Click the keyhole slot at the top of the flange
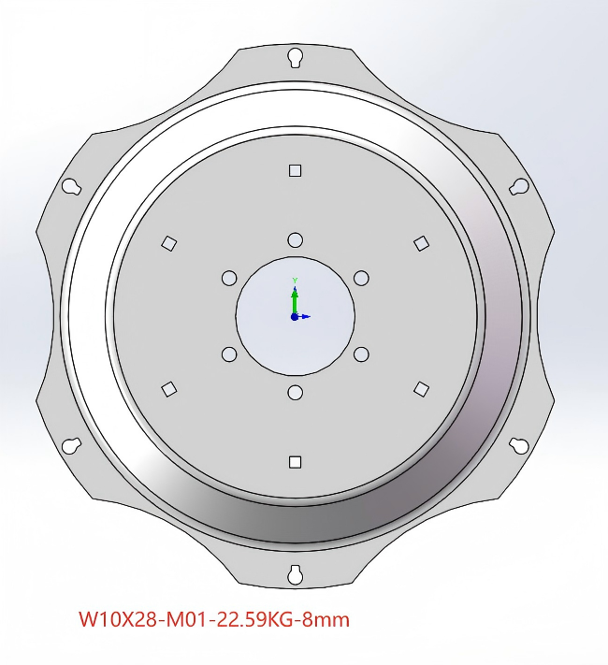point(295,58)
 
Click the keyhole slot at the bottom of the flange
point(295,574)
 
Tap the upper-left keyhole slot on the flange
point(71,187)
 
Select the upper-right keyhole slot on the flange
point(519,187)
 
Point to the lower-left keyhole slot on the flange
point(71,445)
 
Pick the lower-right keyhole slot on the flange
point(519,445)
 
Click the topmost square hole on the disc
point(295,170)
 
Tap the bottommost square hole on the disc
point(295,462)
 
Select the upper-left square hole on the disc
point(169,243)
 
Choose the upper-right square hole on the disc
point(421,243)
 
